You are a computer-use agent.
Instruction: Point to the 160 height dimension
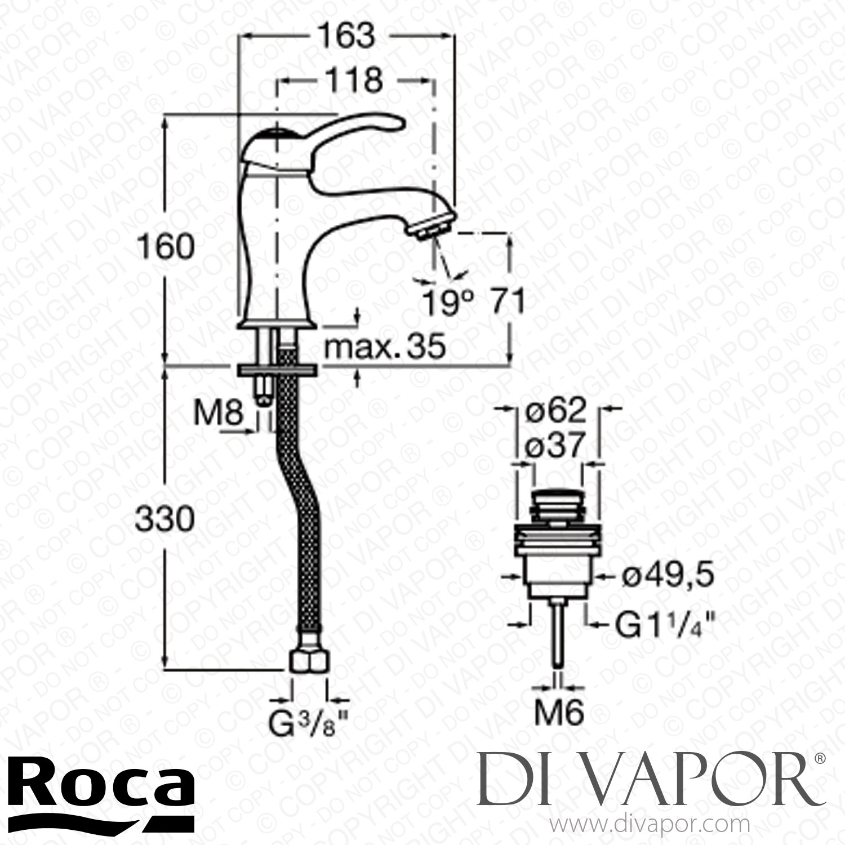pos(165,247)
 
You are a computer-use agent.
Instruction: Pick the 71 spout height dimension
pos(505,302)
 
